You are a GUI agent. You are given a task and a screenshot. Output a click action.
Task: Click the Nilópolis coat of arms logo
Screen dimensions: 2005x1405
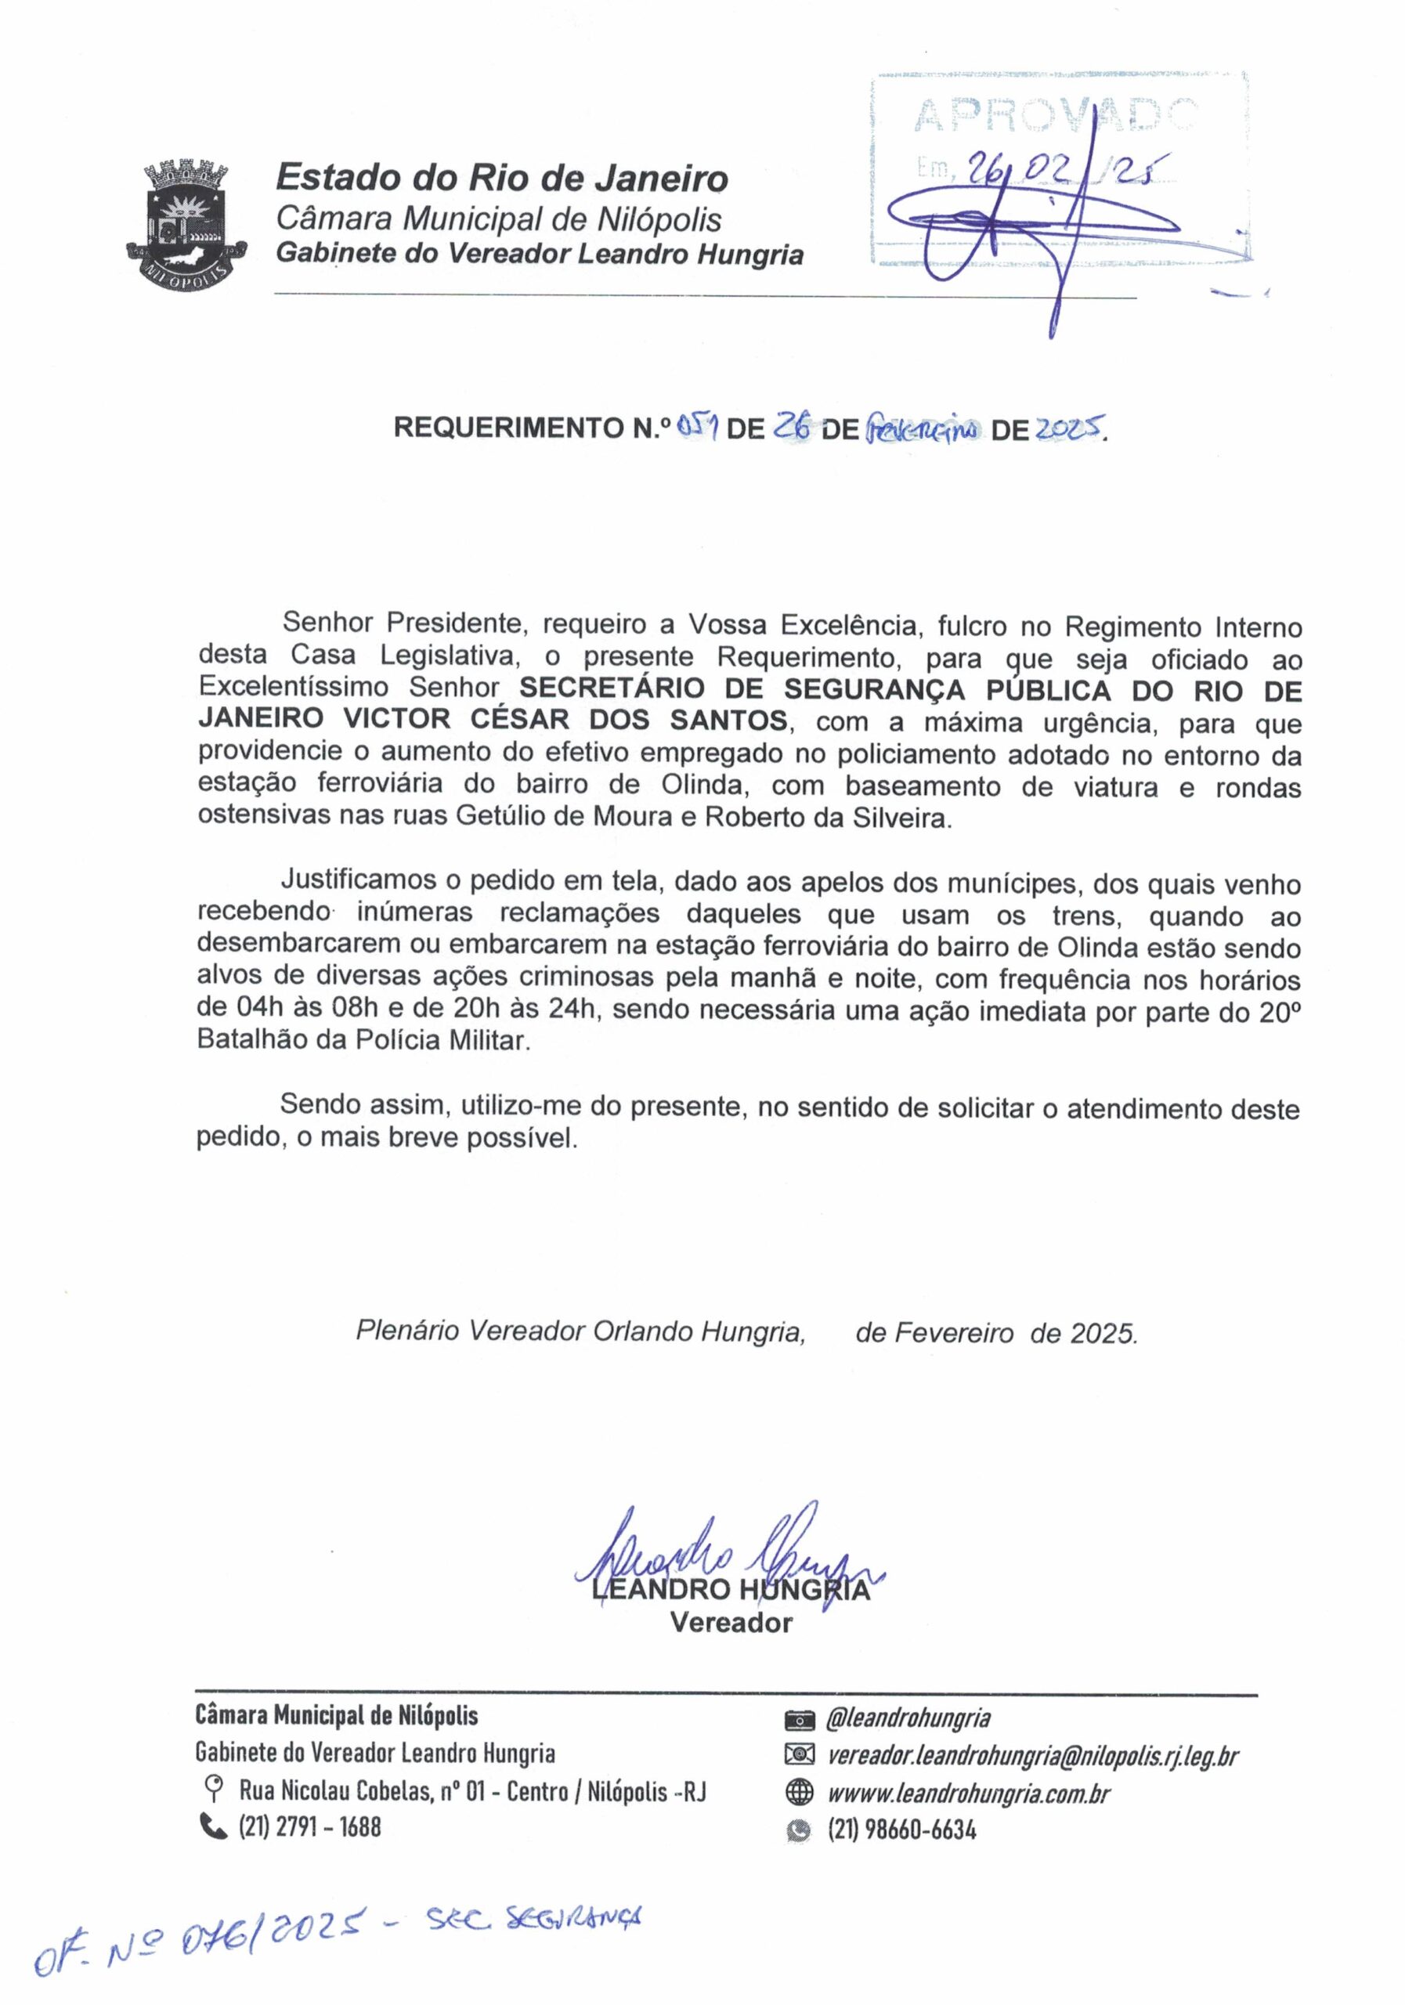coord(185,226)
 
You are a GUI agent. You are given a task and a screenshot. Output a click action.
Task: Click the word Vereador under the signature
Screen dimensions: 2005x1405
coord(731,1623)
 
